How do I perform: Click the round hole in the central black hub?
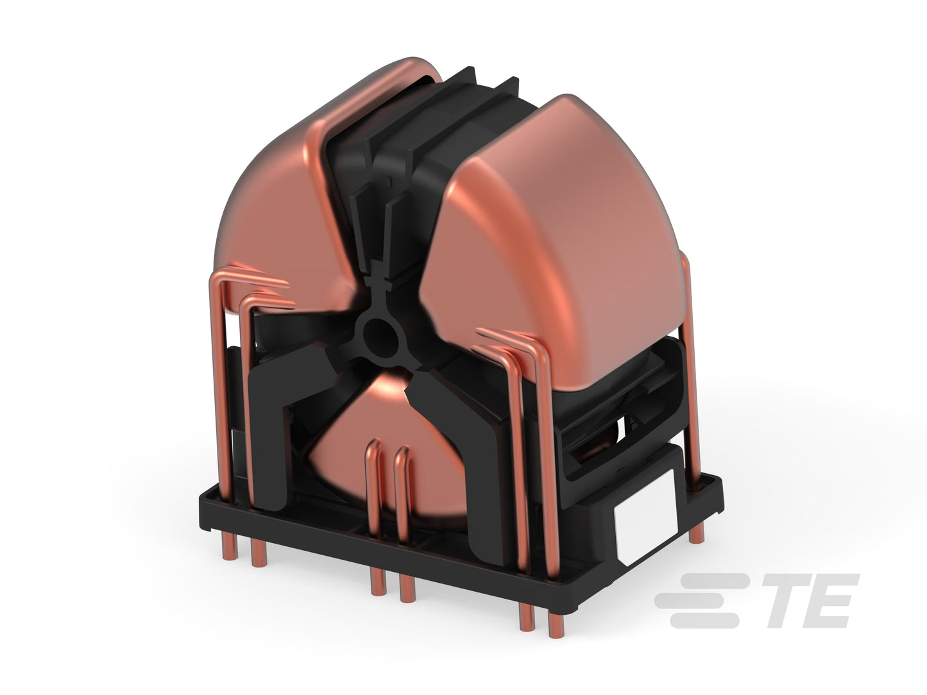pyautogui.click(x=380, y=338)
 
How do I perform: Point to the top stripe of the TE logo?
pyautogui.click(x=714, y=581)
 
